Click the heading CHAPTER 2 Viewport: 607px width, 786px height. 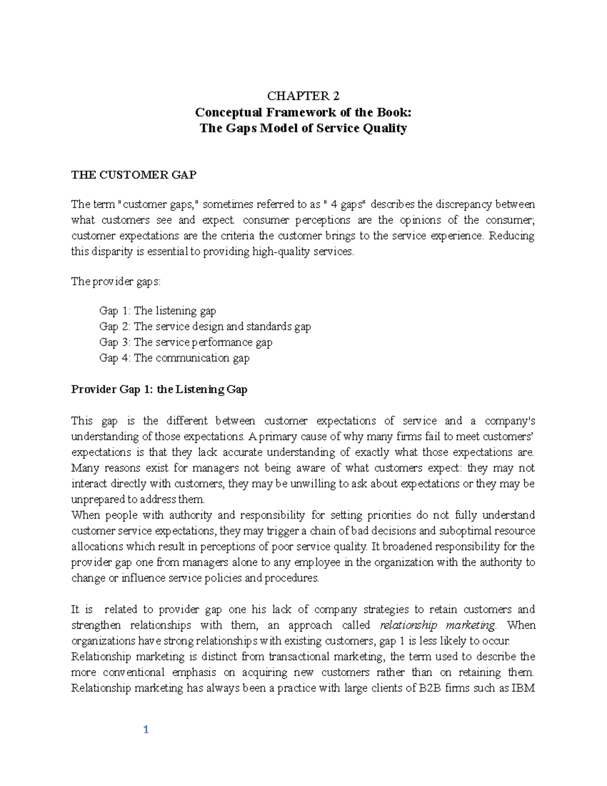click(303, 97)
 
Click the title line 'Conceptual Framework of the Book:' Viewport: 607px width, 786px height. click(303, 112)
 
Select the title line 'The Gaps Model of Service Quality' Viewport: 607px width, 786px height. click(303, 128)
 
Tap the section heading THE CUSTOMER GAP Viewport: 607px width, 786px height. click(133, 175)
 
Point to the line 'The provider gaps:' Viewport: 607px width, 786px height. click(116, 282)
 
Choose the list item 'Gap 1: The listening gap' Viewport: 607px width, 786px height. click(158, 311)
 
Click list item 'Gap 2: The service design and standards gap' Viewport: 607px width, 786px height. click(205, 326)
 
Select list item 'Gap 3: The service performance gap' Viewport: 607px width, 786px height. click(186, 342)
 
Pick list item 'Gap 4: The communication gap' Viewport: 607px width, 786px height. click(175, 358)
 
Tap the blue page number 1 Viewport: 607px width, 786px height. click(146, 729)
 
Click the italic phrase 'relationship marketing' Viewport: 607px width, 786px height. click(438, 625)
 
